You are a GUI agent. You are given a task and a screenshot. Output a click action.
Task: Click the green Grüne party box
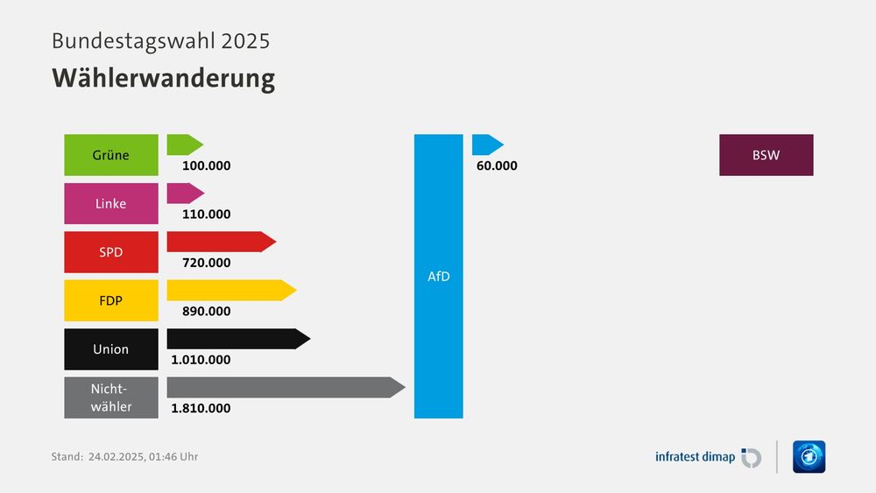111,155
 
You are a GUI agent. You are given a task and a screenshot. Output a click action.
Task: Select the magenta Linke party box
111,203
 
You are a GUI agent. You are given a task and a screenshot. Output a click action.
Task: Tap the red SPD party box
111,252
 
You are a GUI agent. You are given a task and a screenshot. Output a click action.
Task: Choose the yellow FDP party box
111,300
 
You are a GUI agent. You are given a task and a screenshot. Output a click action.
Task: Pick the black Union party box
111,349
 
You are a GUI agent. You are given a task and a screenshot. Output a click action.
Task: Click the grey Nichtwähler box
111,398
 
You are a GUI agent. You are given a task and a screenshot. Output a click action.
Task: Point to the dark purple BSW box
766,155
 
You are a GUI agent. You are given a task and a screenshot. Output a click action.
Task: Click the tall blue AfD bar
438,276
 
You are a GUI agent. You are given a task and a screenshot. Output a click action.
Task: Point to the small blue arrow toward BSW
487,144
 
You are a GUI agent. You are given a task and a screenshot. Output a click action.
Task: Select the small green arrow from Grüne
184,144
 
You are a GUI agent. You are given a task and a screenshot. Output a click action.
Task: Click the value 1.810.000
201,408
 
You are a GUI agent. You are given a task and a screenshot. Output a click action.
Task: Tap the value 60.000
497,166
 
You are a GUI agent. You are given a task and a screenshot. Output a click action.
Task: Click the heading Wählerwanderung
163,78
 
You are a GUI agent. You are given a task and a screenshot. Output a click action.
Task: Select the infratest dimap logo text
696,456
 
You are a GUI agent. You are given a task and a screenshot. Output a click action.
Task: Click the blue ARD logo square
809,456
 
